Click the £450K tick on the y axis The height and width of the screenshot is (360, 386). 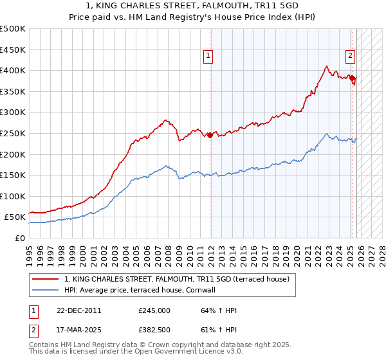tap(13, 50)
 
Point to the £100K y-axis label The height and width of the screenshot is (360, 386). tap(13, 196)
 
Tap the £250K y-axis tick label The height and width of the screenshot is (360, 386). tap(13, 133)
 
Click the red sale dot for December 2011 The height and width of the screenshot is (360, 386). tap(210, 135)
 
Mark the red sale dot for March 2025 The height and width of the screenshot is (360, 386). tap(352, 78)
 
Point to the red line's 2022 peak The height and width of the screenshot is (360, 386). tap(327, 66)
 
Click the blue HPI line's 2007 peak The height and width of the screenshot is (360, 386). tap(167, 166)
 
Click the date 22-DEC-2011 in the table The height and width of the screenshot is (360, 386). tap(78, 310)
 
